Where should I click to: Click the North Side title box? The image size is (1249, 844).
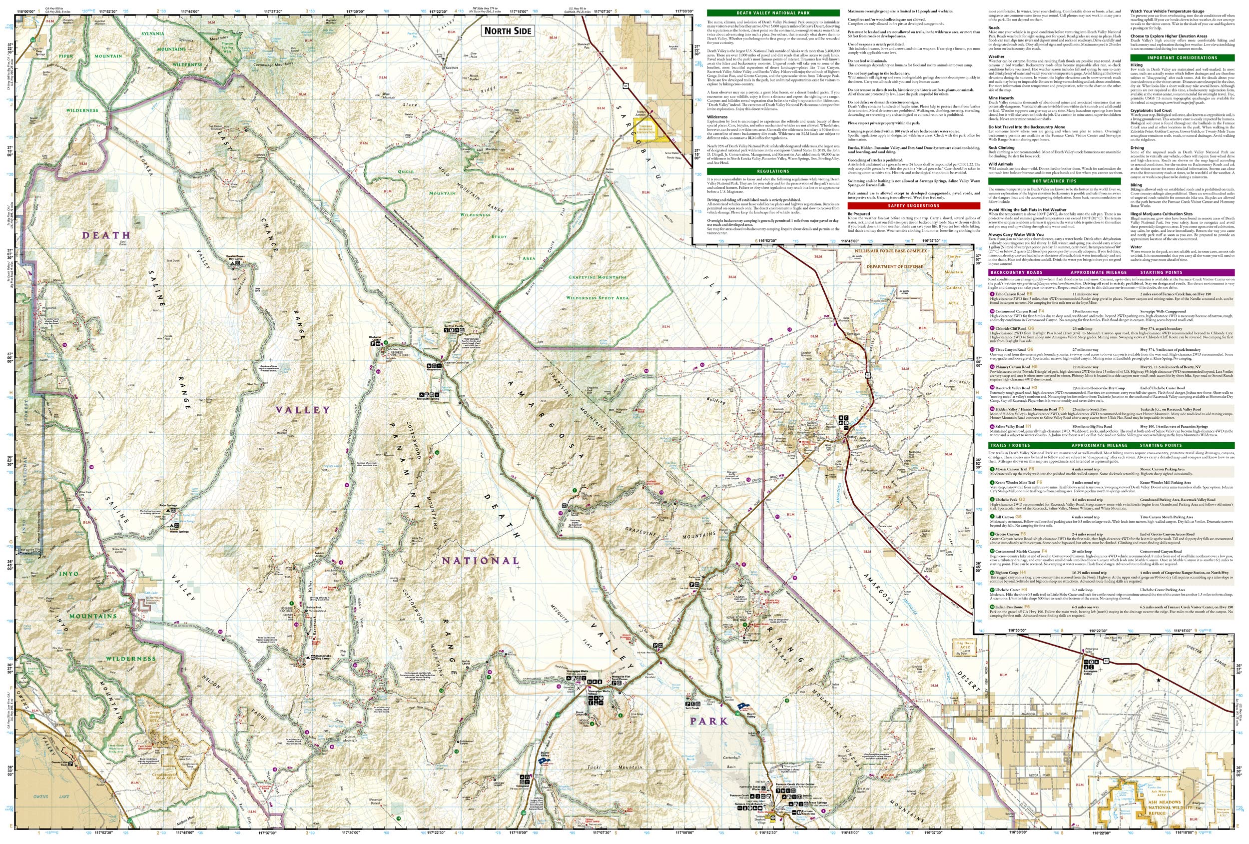(507, 30)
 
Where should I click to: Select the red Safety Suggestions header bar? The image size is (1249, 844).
(913, 205)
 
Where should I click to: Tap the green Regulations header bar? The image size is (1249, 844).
(773, 171)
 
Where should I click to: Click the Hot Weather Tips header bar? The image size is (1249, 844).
(1054, 181)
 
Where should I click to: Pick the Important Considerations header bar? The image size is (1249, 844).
(1182, 57)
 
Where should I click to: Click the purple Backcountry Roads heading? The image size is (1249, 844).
(1015, 272)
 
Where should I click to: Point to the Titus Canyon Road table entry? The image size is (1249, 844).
(1010, 350)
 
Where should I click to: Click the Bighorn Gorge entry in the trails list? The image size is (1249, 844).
(1007, 573)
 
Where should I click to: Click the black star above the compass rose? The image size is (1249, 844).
(1158, 681)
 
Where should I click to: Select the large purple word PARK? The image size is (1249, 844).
(708, 721)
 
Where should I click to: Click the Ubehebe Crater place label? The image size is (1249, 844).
(375, 338)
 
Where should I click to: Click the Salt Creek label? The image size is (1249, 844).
(692, 709)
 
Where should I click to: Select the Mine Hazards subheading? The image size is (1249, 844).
(1001, 98)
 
